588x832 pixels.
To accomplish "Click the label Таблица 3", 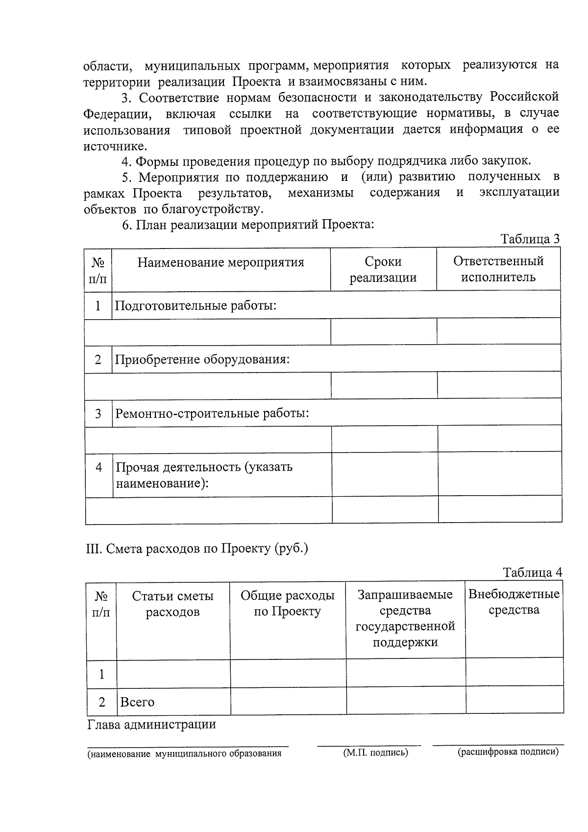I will [530, 239].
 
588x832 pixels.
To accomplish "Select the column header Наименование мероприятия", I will [220, 263].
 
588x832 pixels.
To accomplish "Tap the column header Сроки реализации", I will [383, 270].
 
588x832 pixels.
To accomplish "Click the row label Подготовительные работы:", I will [196, 306].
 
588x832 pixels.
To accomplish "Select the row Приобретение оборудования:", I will [202, 359].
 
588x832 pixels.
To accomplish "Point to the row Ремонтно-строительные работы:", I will [212, 413].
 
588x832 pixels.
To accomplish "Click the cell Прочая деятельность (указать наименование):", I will [204, 475].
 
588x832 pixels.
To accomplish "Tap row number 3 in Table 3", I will [98, 414].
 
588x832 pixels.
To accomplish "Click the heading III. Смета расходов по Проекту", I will [197, 548].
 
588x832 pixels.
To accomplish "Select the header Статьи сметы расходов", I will [172, 604].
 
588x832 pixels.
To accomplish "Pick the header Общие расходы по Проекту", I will [287, 604].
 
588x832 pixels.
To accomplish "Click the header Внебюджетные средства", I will [514, 602].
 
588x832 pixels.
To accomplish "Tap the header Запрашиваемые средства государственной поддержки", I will [405, 618].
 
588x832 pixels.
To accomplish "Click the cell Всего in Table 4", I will [137, 702].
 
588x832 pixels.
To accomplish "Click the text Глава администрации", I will [151, 725].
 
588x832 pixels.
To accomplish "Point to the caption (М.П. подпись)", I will [375, 753].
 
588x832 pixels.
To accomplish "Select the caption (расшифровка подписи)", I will [508, 752].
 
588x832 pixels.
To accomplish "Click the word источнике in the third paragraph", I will [115, 146].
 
